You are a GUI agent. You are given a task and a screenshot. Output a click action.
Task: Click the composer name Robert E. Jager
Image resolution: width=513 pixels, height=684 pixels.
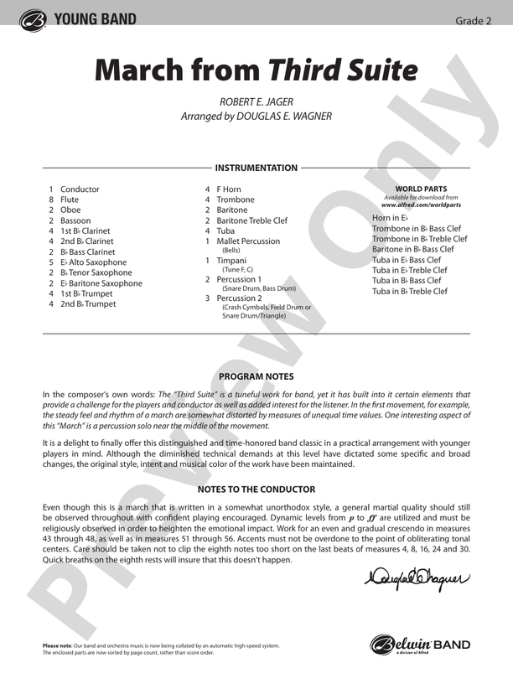tap(256, 101)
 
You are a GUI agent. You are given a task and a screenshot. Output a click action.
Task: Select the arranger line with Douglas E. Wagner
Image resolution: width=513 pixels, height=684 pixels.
tap(256, 117)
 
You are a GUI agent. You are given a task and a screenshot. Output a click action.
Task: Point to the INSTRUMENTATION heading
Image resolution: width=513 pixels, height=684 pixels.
tap(256, 168)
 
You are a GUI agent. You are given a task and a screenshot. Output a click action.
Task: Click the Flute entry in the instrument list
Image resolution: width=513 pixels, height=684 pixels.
tap(70, 199)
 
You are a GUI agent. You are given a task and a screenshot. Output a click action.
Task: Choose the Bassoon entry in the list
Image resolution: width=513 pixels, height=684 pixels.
tap(75, 220)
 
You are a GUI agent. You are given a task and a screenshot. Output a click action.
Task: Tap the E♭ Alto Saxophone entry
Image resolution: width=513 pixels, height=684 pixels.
tap(93, 262)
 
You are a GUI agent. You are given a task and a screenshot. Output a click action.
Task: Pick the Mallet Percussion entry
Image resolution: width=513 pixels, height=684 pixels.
tap(248, 241)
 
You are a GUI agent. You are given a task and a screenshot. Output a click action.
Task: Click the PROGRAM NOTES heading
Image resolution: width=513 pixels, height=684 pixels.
tap(256, 376)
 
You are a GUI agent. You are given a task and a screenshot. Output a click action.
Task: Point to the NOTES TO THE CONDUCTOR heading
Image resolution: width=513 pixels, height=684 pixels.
tap(256, 490)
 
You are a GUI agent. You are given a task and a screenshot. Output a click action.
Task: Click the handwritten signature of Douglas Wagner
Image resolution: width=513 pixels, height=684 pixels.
tap(417, 576)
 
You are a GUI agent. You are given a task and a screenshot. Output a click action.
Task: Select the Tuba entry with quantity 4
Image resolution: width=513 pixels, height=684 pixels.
tap(225, 231)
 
